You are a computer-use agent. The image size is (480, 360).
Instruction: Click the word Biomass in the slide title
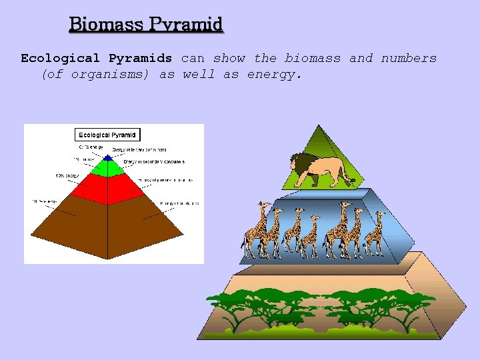coord(104,25)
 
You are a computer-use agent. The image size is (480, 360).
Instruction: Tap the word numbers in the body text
coord(409,58)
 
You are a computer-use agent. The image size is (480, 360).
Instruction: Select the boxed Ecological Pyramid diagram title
coord(108,135)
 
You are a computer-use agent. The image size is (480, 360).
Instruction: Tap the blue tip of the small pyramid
coord(108,158)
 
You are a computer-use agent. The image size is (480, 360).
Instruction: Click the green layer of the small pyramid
coord(108,167)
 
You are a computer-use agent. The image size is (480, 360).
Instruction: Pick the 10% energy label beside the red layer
coord(67,176)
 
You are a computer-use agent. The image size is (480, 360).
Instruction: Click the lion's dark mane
coord(301,163)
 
